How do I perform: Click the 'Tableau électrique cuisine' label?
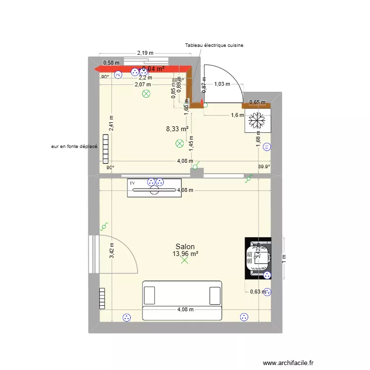click(214, 45)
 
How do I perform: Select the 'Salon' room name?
click(185, 247)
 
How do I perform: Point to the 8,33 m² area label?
click(178, 129)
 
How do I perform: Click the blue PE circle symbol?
click(118, 75)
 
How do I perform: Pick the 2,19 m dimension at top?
click(145, 53)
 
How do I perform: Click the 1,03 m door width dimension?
click(222, 84)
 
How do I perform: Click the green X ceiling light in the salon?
click(185, 260)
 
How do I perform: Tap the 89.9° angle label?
click(264, 167)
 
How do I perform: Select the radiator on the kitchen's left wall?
click(105, 148)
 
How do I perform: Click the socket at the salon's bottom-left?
click(127, 318)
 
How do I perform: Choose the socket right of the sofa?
click(243, 317)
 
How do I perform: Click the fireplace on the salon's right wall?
click(258, 258)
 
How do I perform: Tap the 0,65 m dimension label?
click(257, 103)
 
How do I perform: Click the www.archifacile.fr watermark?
click(288, 363)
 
